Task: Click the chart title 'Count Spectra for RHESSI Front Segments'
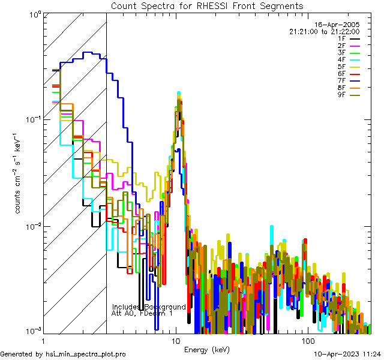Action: (x=207, y=5)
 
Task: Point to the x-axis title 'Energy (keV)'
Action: (x=207, y=350)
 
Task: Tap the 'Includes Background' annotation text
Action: (x=149, y=307)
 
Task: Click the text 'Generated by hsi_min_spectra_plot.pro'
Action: (x=64, y=355)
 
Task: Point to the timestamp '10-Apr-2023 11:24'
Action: (x=348, y=355)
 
